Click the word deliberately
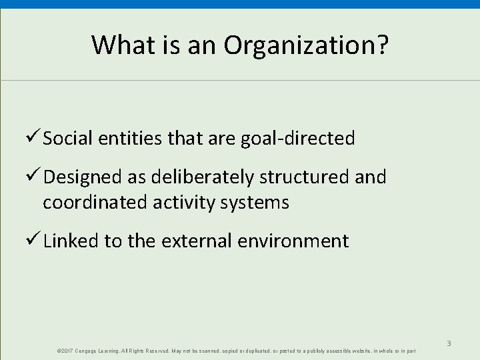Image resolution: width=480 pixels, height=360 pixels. pos(201,177)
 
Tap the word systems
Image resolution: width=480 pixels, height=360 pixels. pos(257,202)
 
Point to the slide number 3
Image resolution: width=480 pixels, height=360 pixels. pos(449,343)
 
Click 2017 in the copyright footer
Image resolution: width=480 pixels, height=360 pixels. pos(67,351)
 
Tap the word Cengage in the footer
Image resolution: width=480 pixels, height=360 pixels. pos(89,351)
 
